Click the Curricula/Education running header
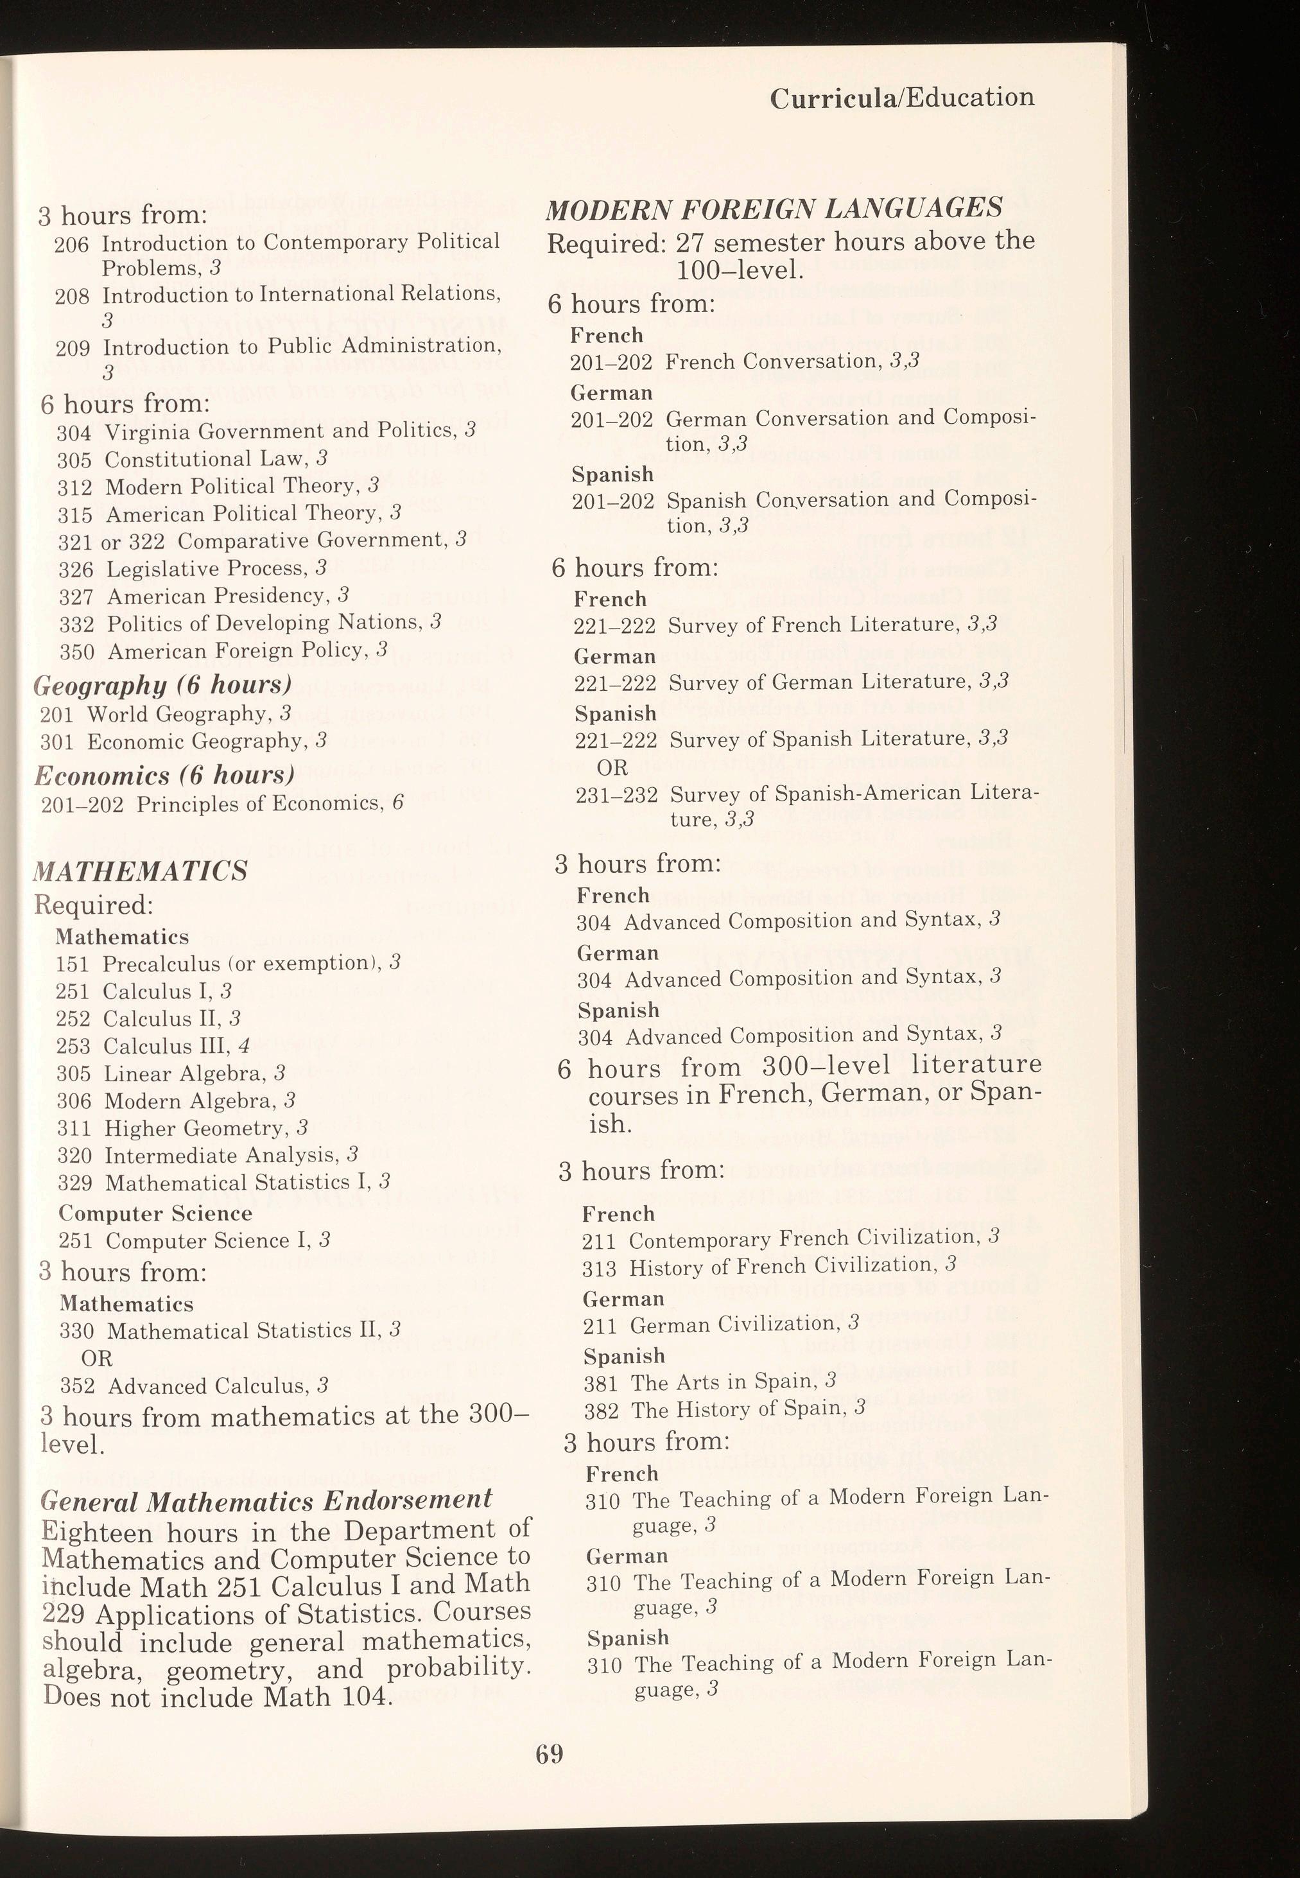click(x=902, y=98)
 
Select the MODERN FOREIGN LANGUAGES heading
click(x=774, y=209)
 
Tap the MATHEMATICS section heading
click(x=140, y=871)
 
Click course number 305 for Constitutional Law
click(x=74, y=460)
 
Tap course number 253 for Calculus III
click(x=73, y=1047)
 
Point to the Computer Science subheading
click(x=155, y=1213)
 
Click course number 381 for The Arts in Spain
click(x=600, y=1384)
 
